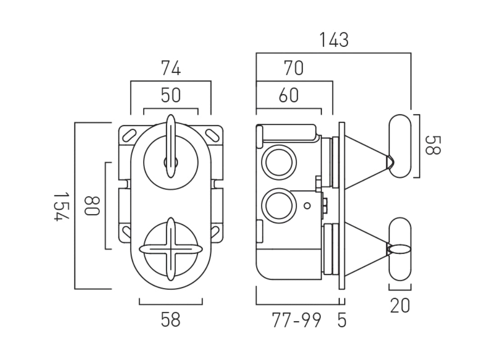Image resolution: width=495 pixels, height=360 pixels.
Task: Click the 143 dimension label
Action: tap(334, 40)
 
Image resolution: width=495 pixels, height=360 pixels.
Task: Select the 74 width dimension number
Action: tap(171, 69)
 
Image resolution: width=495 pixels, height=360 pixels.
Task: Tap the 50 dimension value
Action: tap(171, 95)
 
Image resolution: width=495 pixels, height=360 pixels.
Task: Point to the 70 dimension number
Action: tap(293, 68)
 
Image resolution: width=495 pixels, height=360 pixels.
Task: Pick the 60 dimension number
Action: tap(288, 95)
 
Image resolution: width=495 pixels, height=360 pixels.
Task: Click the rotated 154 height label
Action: tap(61, 206)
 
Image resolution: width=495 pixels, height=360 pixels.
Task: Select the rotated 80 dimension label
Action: tap(91, 206)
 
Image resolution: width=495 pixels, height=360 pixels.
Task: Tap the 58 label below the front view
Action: tap(171, 319)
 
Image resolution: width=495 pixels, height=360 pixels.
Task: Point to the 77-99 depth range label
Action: tap(297, 320)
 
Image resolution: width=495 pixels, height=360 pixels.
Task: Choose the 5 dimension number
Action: tap(342, 320)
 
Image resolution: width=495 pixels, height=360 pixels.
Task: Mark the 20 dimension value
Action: tap(400, 306)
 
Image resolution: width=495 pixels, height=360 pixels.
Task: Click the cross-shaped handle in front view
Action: tap(171, 249)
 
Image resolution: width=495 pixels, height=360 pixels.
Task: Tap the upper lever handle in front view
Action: tap(171, 146)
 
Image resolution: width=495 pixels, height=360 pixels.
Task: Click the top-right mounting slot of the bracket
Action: tap(211, 134)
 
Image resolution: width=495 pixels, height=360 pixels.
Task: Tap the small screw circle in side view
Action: tap(307, 206)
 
